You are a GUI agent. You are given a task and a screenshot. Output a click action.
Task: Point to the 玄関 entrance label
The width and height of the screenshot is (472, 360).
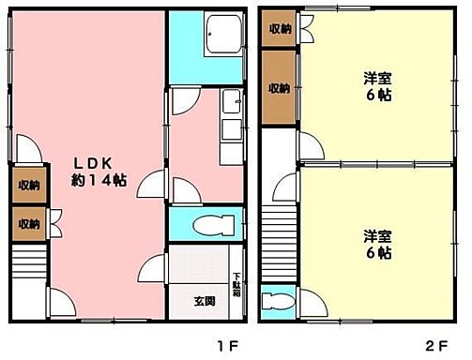(206, 301)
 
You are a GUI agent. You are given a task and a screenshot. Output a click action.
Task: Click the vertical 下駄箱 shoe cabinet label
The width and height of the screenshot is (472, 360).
(237, 281)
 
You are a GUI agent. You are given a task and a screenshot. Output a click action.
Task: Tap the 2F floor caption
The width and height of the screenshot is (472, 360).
(438, 345)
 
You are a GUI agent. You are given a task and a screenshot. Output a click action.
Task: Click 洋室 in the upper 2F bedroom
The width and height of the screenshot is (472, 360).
(377, 80)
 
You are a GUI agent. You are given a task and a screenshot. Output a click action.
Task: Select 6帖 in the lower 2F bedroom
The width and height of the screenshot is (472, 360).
(377, 253)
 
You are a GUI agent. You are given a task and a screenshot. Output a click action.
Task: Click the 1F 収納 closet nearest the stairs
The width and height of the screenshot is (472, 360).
(27, 223)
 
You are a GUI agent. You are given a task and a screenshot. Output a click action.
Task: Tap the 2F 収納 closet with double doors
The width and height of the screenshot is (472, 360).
(280, 28)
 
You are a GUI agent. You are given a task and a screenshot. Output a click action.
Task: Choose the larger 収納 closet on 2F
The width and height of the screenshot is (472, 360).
(280, 88)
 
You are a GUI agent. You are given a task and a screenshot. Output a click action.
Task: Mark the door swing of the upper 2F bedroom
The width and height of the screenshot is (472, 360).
(310, 143)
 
